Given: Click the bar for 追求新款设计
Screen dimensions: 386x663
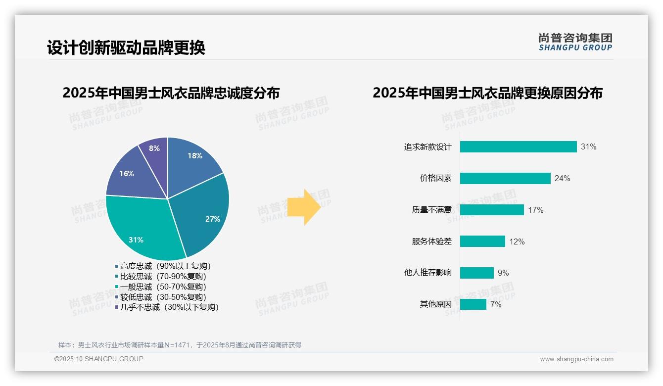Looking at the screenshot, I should click(x=518, y=146).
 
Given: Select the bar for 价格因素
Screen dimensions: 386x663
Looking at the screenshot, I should click(x=505, y=178).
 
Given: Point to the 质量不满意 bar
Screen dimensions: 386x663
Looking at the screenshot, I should click(x=492, y=210).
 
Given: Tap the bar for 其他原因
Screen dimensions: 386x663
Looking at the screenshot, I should click(x=473, y=304).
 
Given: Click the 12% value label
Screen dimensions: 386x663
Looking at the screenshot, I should click(x=517, y=241).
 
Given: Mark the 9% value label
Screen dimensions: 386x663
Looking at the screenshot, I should click(x=503, y=273).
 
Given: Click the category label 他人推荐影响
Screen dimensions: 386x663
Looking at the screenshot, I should click(x=427, y=273).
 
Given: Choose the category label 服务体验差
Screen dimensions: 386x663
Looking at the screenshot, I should click(x=431, y=241).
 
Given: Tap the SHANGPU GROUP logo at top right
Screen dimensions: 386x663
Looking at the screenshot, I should click(x=575, y=42).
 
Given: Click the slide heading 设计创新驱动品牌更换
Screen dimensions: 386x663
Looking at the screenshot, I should click(x=126, y=48).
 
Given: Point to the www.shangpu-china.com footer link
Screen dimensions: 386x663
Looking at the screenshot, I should click(x=576, y=359).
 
